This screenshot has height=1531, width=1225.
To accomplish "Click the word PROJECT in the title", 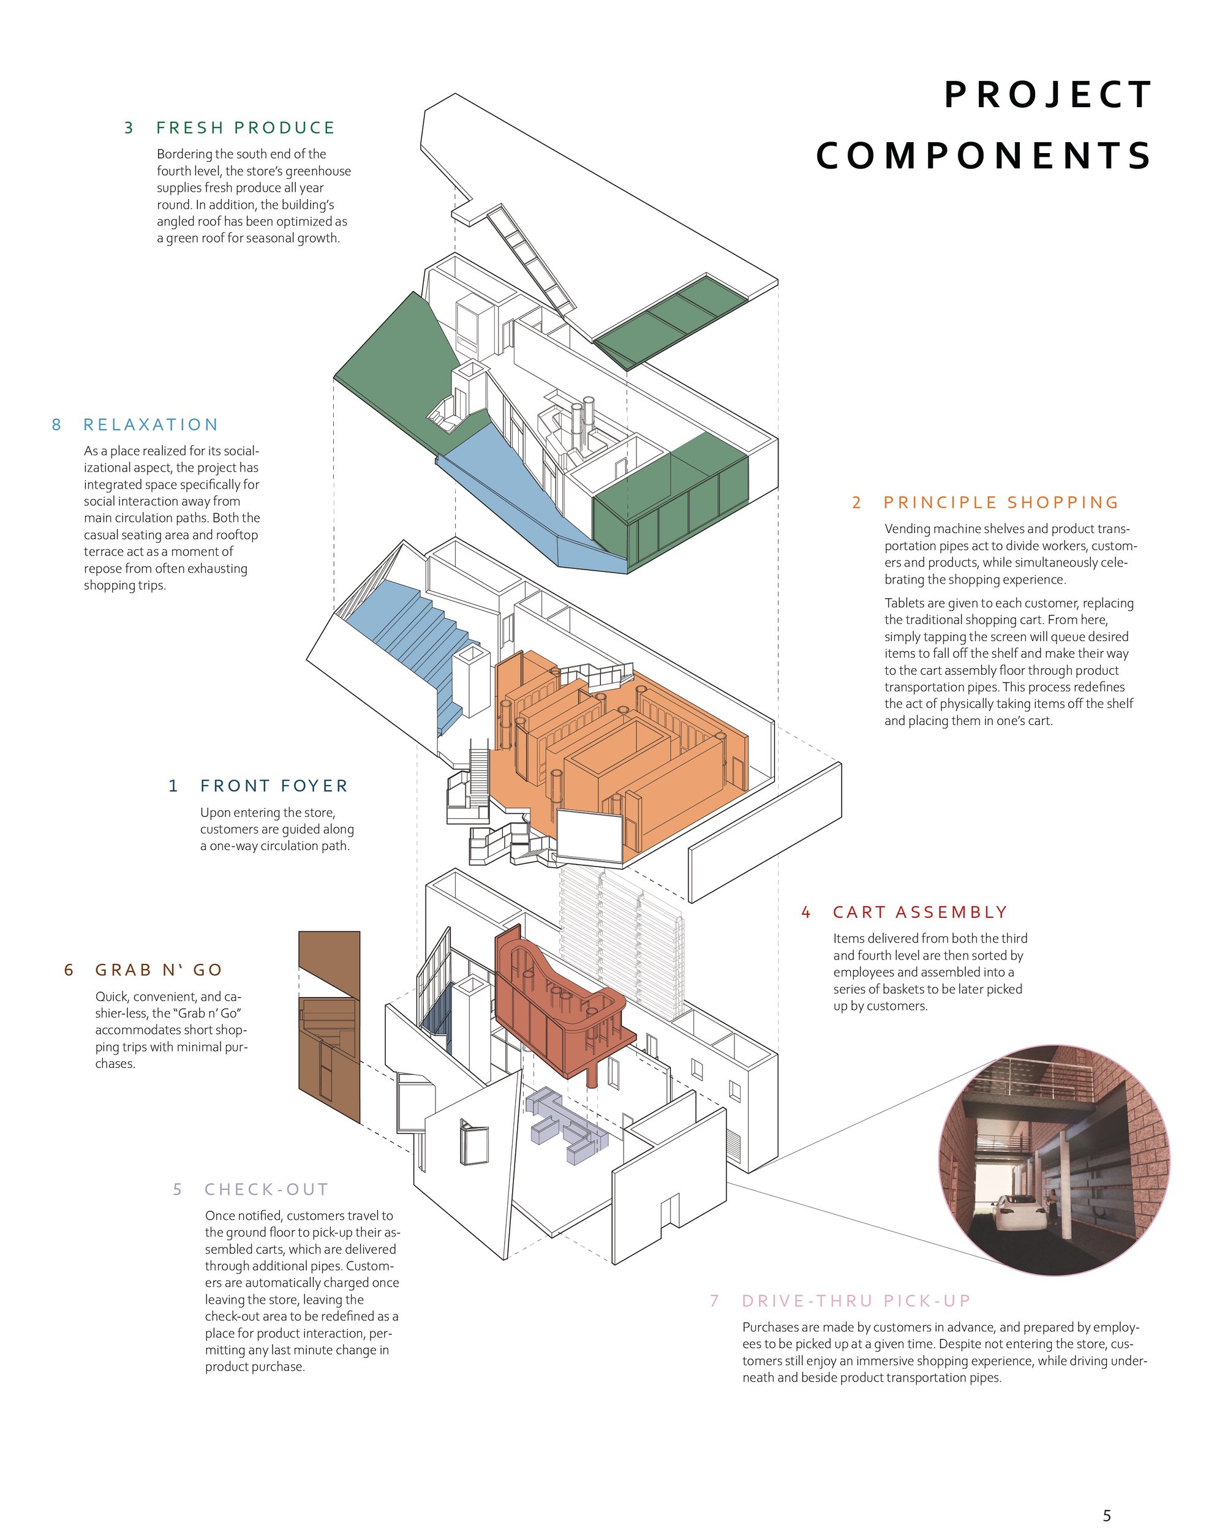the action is [1047, 95].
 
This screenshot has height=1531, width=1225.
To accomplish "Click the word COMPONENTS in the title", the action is [984, 156].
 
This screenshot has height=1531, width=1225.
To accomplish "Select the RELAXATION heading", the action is [151, 424].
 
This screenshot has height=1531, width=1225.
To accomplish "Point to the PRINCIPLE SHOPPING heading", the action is [1001, 503].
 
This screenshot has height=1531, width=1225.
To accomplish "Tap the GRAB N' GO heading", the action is [159, 970].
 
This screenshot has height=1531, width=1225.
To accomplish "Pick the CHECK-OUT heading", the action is [267, 1189].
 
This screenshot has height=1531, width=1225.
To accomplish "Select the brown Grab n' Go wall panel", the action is [329, 1027].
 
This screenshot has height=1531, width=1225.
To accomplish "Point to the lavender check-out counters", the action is [567, 1125].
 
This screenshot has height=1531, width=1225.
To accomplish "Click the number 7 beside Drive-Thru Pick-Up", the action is [714, 1301].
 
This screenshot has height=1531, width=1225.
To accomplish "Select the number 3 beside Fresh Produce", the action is [129, 128].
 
